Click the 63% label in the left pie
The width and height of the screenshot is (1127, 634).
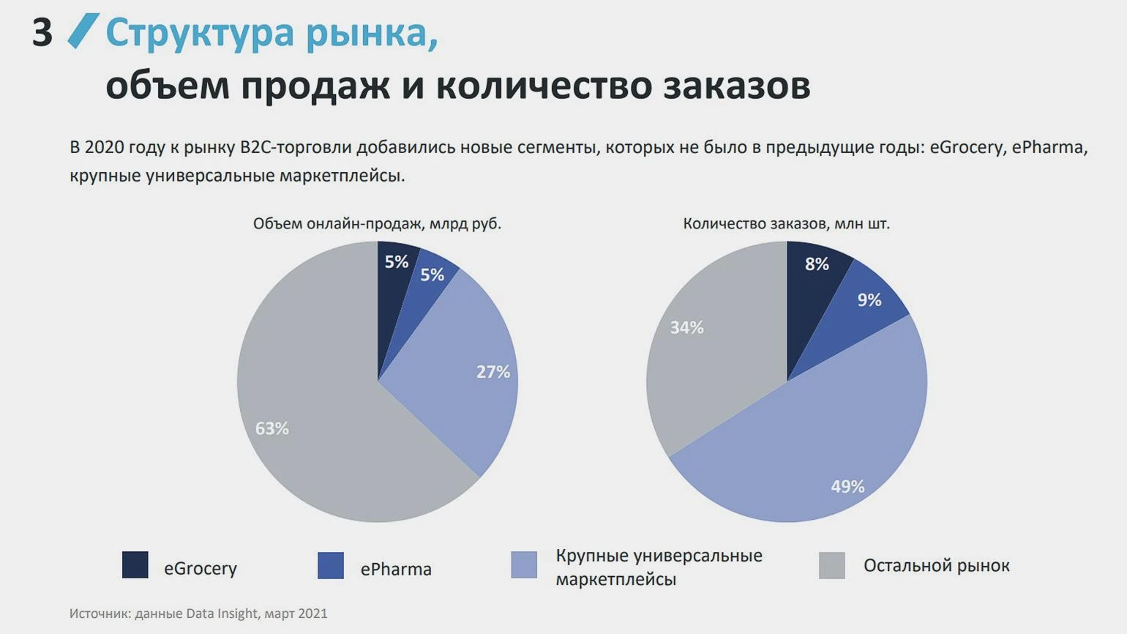coord(272,428)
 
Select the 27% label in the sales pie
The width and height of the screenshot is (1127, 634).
coord(493,372)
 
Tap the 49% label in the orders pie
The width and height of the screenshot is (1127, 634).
coord(847,486)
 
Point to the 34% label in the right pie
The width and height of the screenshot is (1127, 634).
coord(686,327)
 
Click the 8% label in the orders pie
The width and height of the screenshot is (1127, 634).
coord(817,264)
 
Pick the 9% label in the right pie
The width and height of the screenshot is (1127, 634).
coord(869,299)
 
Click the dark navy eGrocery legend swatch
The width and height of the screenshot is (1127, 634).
coord(135,565)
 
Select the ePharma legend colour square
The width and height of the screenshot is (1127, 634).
coord(331,566)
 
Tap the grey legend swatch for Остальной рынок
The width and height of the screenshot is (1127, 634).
coord(832,566)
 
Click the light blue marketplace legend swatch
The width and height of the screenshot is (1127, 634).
coord(524,565)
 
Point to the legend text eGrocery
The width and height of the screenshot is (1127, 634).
coord(200,568)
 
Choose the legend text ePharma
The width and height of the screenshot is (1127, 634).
coord(396,569)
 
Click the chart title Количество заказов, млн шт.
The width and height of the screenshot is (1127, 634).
coord(786,223)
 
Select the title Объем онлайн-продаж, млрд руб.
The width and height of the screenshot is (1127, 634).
coord(377,223)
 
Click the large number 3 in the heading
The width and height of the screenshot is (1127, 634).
coord(42,33)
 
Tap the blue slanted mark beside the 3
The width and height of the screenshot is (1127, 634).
coord(83,31)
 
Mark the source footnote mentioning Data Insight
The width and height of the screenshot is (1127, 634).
coord(198,614)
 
